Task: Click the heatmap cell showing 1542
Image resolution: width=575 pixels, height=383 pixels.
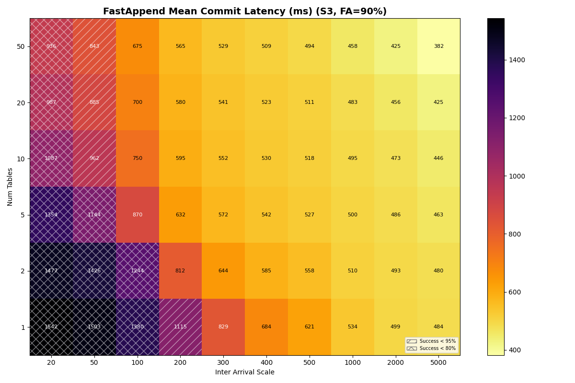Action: pyautogui.click(x=51, y=327)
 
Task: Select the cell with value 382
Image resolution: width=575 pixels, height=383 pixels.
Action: pyautogui.click(x=438, y=46)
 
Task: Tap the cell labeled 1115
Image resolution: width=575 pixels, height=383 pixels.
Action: pyautogui.click(x=180, y=327)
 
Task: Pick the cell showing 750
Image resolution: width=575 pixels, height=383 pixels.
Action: pyautogui.click(x=138, y=158)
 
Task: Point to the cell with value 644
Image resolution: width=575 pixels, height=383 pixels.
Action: pyautogui.click(x=223, y=271)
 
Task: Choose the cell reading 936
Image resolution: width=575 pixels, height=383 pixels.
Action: pyautogui.click(x=51, y=46)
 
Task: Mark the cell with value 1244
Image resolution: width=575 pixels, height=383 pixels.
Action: pyautogui.click(x=138, y=271)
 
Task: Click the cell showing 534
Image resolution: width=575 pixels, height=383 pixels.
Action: pyautogui.click(x=352, y=327)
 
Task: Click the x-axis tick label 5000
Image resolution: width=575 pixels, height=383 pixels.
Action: pyautogui.click(x=438, y=363)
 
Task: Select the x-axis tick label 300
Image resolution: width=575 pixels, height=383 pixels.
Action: pyautogui.click(x=223, y=363)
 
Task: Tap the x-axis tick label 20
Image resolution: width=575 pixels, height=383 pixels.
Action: pyautogui.click(x=51, y=363)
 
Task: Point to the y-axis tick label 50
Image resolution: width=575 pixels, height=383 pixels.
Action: pyautogui.click(x=21, y=46)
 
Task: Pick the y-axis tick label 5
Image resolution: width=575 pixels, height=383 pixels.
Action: pyautogui.click(x=23, y=215)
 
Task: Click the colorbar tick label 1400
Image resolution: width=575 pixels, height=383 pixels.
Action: pyautogui.click(x=517, y=60)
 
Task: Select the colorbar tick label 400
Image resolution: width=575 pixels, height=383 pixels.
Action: pyautogui.click(x=516, y=350)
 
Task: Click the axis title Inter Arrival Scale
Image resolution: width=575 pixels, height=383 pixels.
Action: pyautogui.click(x=245, y=372)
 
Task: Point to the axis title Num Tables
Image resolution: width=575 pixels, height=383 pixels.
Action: pyautogui.click(x=11, y=187)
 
